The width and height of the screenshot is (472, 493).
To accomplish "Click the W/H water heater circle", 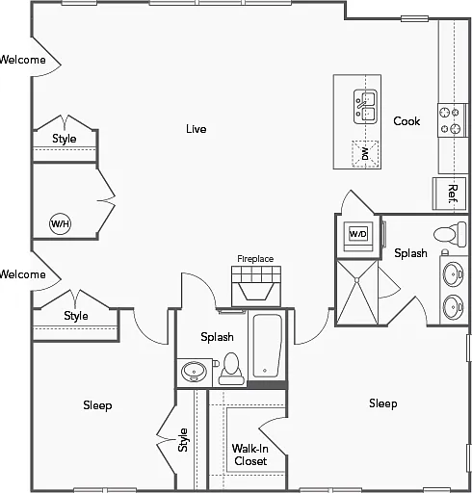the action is pyautogui.click(x=60, y=223).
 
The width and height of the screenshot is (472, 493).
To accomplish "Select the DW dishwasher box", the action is pyautogui.click(x=365, y=154).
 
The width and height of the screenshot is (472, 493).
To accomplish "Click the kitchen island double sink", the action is pyautogui.click(x=365, y=107).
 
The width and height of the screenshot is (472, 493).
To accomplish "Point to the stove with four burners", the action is pyautogui.click(x=453, y=120).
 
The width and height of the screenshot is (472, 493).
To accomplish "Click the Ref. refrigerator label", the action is pyautogui.click(x=452, y=194).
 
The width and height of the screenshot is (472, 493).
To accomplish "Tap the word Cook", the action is pyautogui.click(x=406, y=121).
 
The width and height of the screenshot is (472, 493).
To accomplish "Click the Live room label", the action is pyautogui.click(x=196, y=129).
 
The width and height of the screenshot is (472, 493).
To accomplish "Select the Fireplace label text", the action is pyautogui.click(x=255, y=259).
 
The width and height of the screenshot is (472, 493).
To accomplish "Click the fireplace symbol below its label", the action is pyautogui.click(x=256, y=286).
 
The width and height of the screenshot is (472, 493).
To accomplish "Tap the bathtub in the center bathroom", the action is pyautogui.click(x=267, y=346).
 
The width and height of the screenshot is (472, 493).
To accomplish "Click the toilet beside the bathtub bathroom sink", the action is pyautogui.click(x=231, y=369).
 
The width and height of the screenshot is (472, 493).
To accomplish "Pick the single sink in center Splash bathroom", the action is pyautogui.click(x=194, y=372).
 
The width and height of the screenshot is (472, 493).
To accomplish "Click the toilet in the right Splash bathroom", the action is pyautogui.click(x=450, y=234).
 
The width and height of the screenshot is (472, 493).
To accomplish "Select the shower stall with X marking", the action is pyautogui.click(x=357, y=292).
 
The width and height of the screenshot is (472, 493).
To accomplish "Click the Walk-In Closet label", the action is pyautogui.click(x=250, y=454).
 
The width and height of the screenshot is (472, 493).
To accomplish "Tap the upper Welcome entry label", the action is pyautogui.click(x=22, y=60).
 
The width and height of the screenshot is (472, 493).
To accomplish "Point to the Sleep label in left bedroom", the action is pyautogui.click(x=97, y=405).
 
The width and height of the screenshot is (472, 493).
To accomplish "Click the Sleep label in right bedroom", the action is pyautogui.click(x=383, y=403).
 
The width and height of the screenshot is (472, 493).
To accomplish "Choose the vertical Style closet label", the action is pyautogui.click(x=182, y=440).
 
